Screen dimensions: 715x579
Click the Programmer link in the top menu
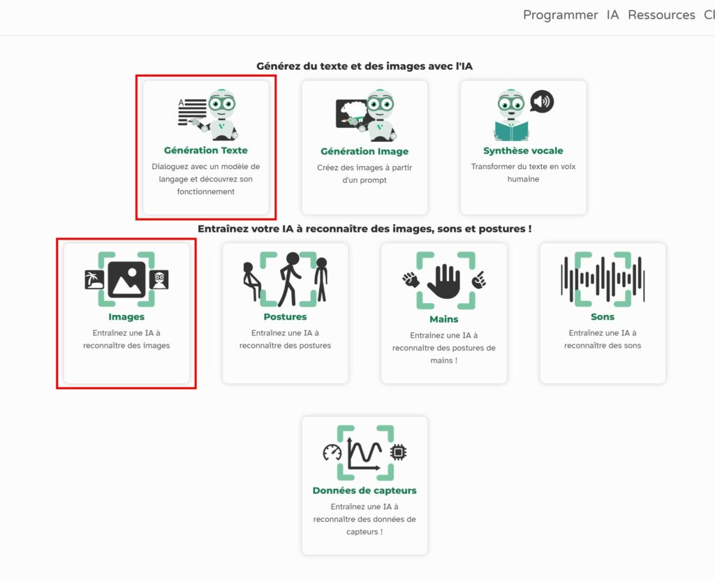pos(560,15)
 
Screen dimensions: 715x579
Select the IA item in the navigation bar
pos(613,15)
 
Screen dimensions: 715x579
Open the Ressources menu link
pos(661,15)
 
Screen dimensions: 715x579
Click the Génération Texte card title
pos(206,150)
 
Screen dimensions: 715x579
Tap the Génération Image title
pos(364,151)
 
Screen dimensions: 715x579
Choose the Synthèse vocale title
pos(523,151)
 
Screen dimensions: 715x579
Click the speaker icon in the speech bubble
pos(542,101)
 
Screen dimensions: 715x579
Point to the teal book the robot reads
pos(512,131)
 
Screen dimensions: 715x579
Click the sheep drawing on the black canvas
pos(355,110)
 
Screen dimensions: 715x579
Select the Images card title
pos(126,316)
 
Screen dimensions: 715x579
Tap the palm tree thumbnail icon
pos(94,279)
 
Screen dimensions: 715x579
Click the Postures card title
pos(285,316)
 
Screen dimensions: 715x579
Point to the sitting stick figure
pos(251,281)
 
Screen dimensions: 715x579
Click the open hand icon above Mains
pos(443,282)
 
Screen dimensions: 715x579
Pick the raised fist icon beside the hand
pos(411,279)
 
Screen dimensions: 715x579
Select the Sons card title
pos(603,316)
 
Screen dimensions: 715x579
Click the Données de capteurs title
pos(364,490)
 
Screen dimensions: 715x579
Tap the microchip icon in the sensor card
pos(399,452)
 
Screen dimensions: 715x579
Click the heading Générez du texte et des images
pos(364,66)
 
